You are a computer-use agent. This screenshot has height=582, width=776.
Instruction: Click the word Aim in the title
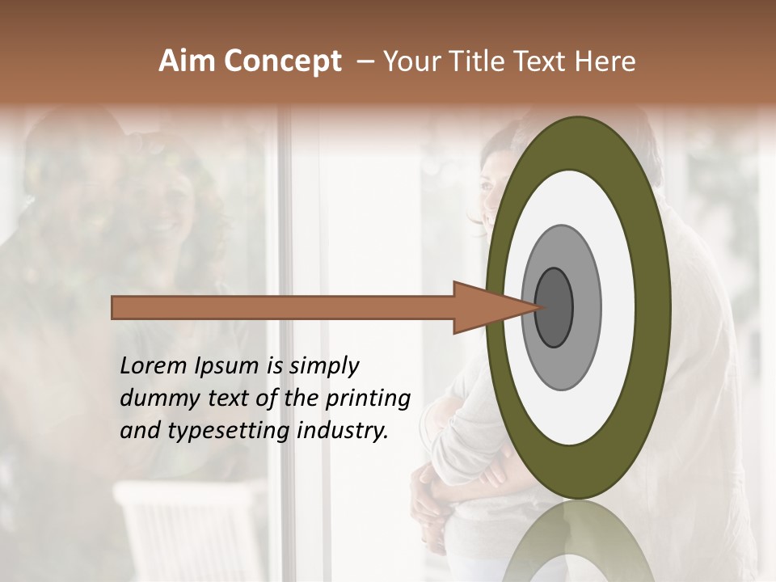pyautogui.click(x=187, y=61)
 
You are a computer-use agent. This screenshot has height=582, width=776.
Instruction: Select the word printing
pyautogui.click(x=367, y=399)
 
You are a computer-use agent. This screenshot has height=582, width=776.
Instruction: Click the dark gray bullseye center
pyautogui.click(x=555, y=307)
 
